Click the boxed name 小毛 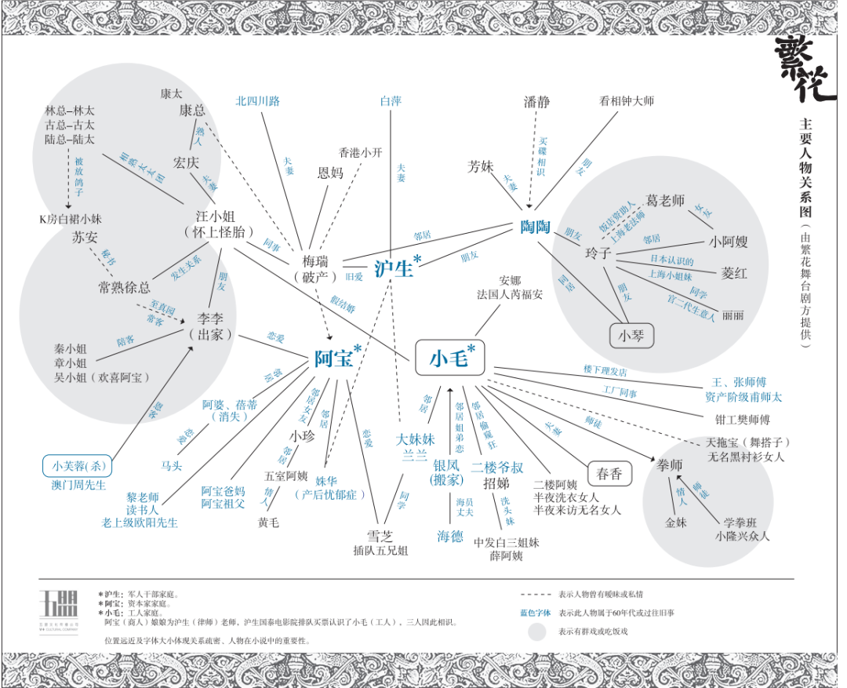[x=449, y=359]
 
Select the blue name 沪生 [x=393, y=268]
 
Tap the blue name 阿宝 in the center [x=333, y=359]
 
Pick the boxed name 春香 [x=609, y=473]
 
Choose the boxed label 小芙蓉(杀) [x=78, y=466]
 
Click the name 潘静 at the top [x=537, y=101]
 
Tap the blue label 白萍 [x=391, y=101]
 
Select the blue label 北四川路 [x=258, y=101]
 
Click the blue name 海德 [x=450, y=537]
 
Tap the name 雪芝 [x=380, y=536]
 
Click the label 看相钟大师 [x=627, y=101]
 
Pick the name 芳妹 [x=480, y=166]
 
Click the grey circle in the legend [x=536, y=631]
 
